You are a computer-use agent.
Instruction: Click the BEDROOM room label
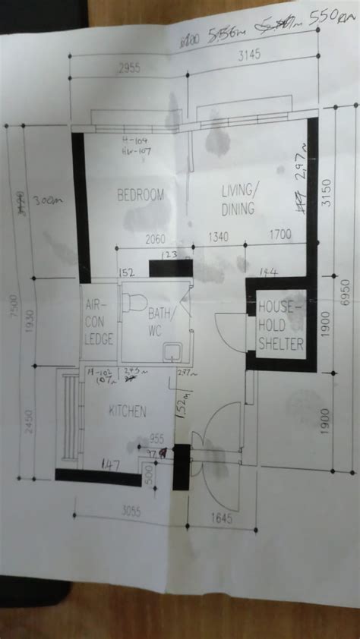(141, 196)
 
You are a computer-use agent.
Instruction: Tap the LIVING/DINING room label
(238, 199)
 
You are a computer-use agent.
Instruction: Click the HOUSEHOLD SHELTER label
(281, 325)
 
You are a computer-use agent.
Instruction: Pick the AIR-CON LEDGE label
(99, 322)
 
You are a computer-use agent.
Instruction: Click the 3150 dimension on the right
(326, 196)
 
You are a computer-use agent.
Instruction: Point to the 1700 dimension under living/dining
(280, 235)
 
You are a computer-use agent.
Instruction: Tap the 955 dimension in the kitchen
(156, 438)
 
